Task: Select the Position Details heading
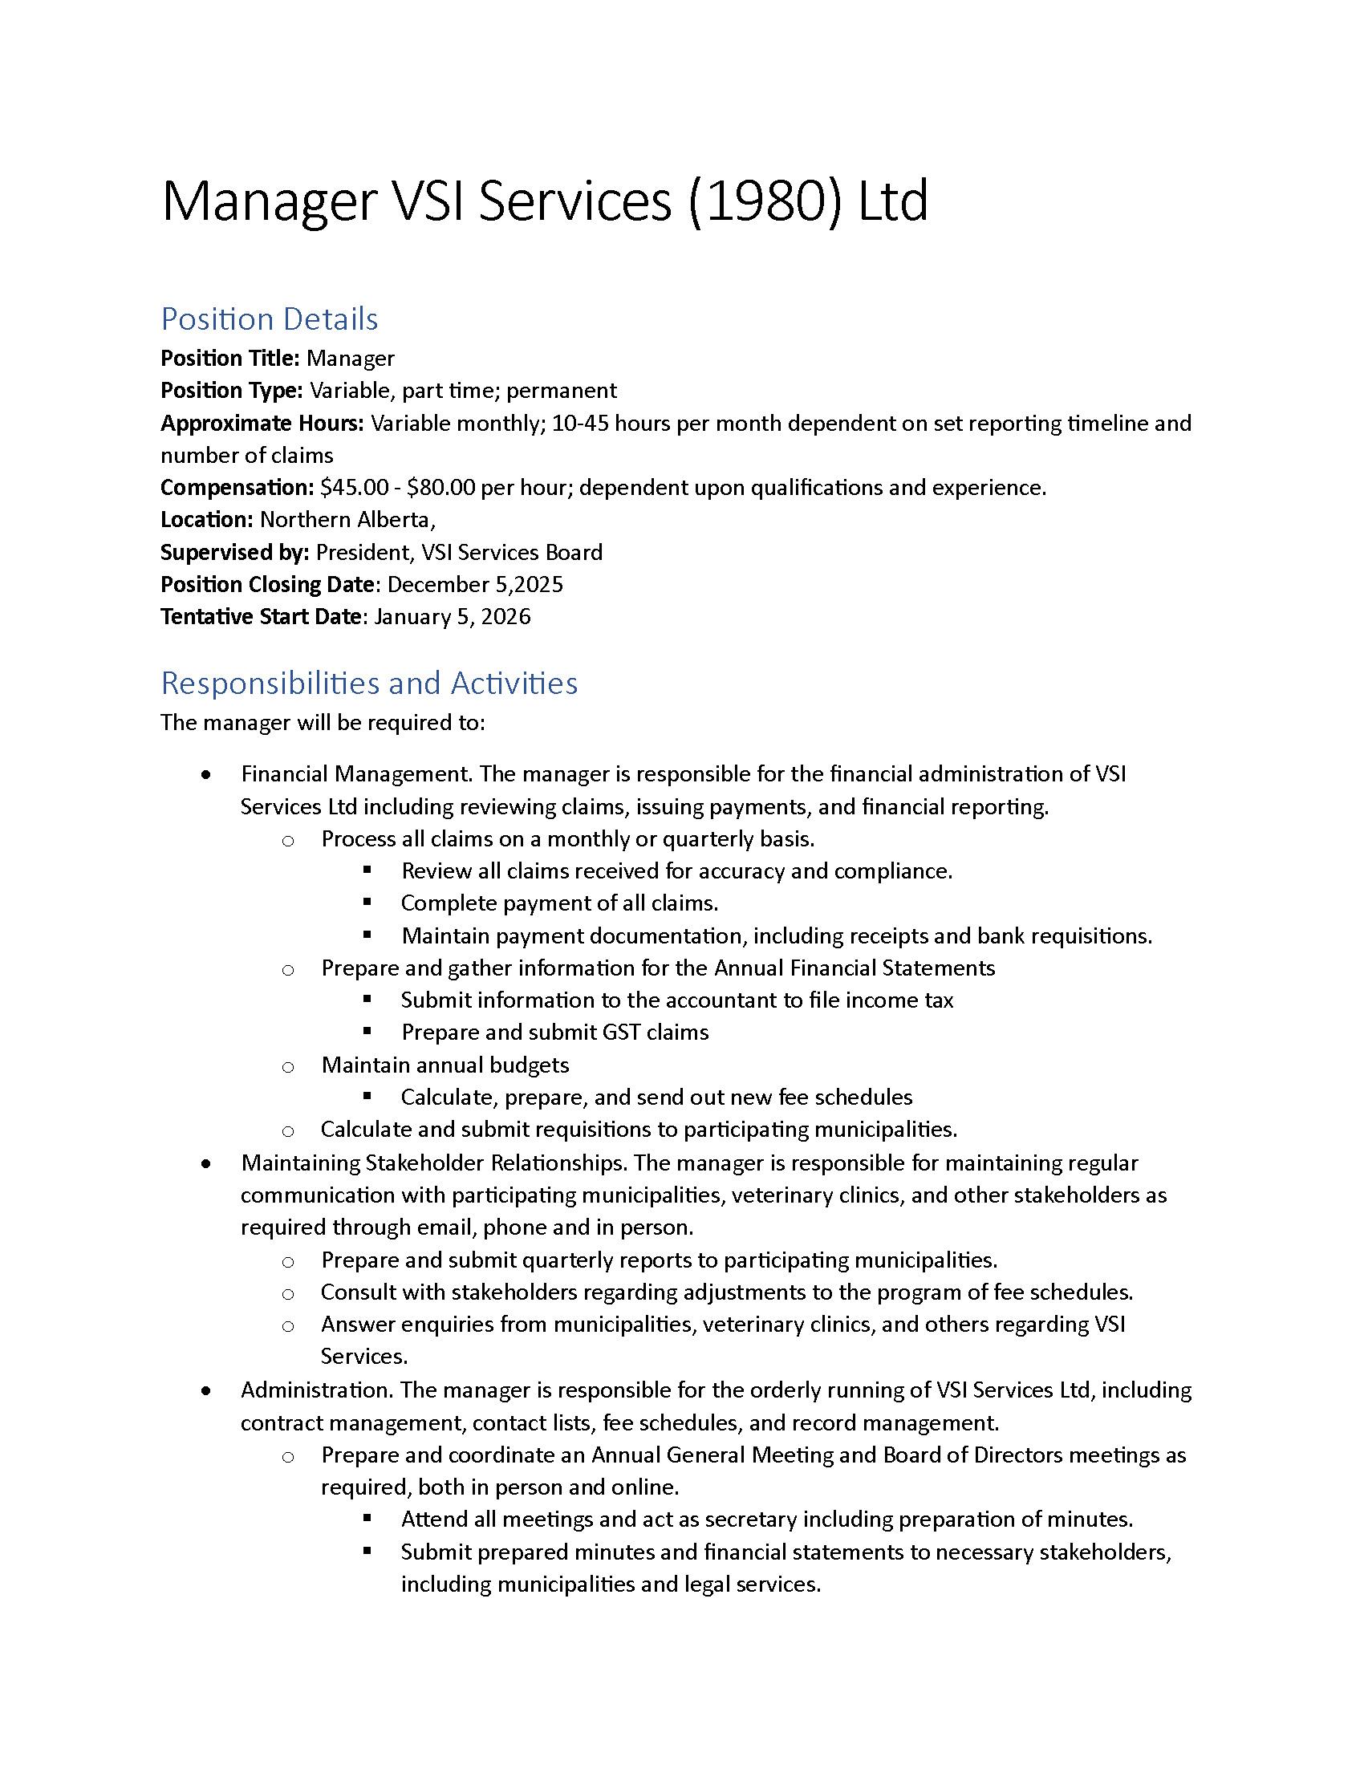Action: coord(269,319)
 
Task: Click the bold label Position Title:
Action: coord(230,358)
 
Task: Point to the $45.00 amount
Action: coord(354,487)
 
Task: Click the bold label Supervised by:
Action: coord(235,552)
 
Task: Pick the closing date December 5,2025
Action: coord(475,584)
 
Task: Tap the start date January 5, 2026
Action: coord(453,617)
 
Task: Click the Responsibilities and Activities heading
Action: coord(369,684)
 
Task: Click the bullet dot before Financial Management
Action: coord(208,775)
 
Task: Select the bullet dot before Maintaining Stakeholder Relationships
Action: coord(208,1164)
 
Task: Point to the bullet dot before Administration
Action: coord(208,1391)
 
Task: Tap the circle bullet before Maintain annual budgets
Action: coord(288,1067)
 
